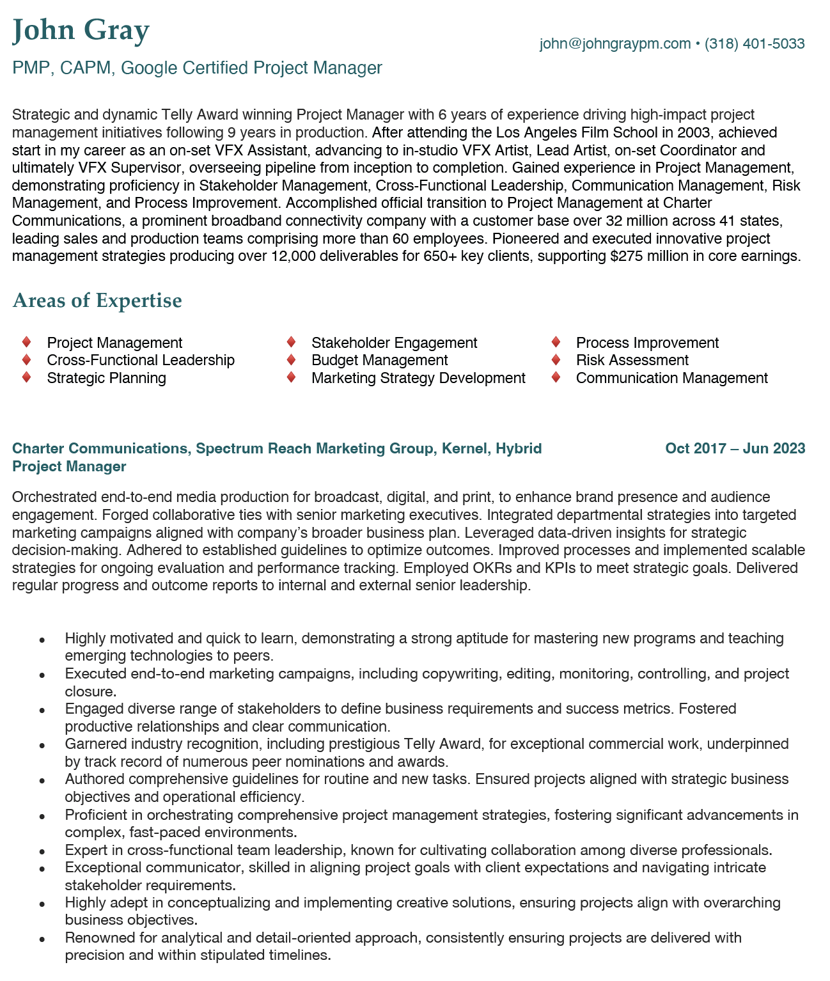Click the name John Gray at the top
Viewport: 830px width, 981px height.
(81, 30)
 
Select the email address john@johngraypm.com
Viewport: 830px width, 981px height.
(615, 43)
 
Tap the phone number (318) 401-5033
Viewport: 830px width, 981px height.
(755, 43)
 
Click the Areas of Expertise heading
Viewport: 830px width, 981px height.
(97, 300)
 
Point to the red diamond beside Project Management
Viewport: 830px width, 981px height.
(27, 342)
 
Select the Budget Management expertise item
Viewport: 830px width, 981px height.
(379, 360)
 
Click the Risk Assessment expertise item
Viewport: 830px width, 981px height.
(632, 360)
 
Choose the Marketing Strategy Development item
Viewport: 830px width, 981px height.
(418, 378)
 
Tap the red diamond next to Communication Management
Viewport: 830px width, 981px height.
(556, 377)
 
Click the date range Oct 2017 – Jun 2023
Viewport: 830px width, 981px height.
(735, 448)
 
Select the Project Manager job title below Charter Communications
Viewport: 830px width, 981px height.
(69, 466)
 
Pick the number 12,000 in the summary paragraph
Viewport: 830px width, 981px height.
(299, 256)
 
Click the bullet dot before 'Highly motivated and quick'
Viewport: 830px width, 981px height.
(42, 639)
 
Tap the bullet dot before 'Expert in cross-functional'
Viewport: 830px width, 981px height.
(42, 851)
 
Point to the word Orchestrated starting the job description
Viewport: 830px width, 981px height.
(54, 497)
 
